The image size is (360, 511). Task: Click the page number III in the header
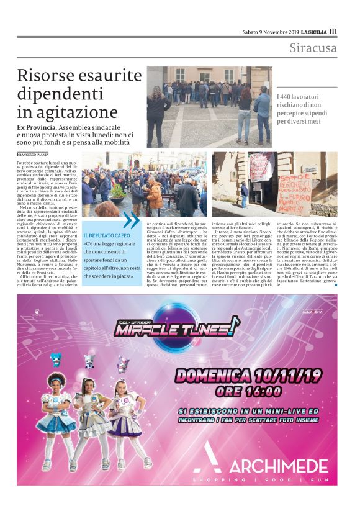[x=333, y=32]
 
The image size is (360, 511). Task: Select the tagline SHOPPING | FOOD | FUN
[x=260, y=481]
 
